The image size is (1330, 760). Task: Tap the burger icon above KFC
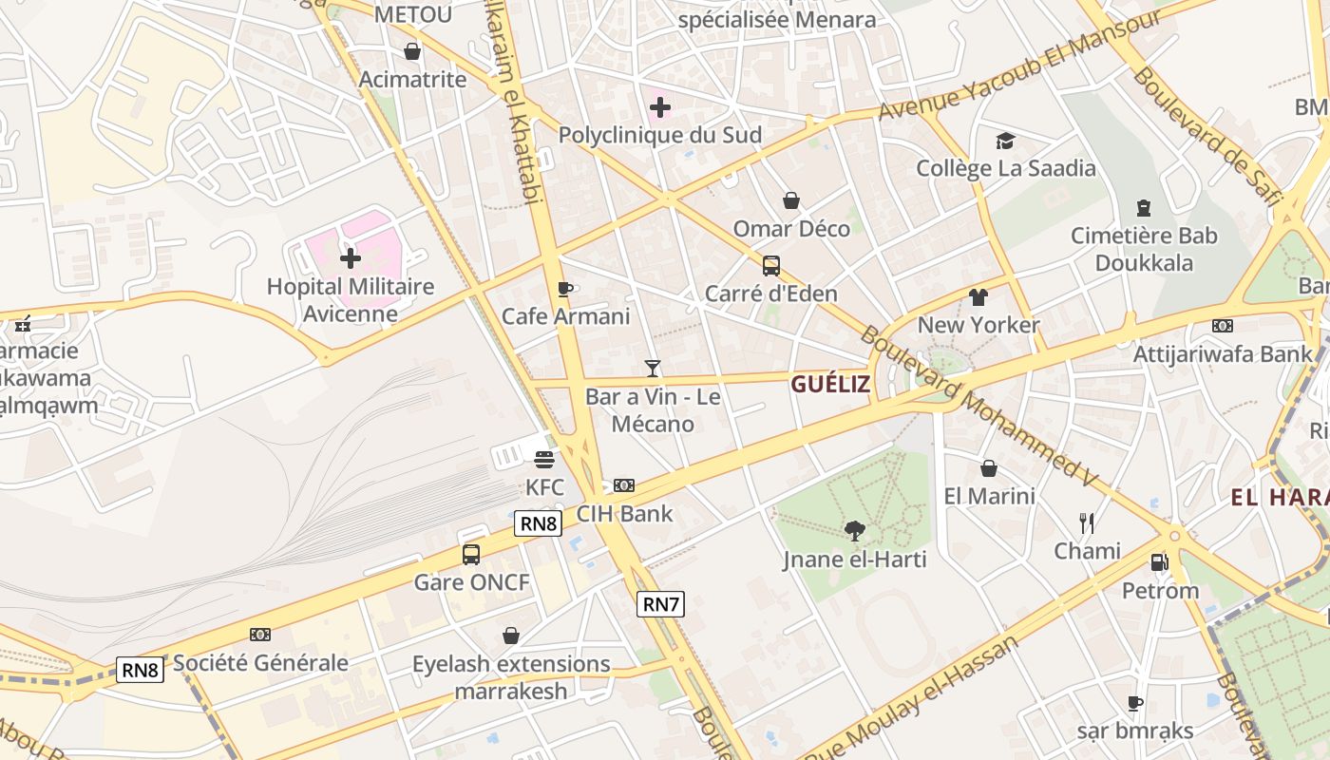click(544, 460)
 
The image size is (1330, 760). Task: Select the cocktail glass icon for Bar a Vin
click(653, 368)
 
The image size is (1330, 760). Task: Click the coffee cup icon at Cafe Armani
click(565, 289)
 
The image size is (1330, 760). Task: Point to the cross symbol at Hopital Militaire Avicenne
click(351, 257)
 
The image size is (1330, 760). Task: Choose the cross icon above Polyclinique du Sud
click(660, 107)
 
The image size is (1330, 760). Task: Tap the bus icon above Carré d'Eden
click(771, 266)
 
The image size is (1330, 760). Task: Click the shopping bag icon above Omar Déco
click(790, 200)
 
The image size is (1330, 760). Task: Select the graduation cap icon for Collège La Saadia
click(1005, 142)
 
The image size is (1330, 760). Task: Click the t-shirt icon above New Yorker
click(978, 297)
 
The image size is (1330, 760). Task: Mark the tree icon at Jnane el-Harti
click(854, 531)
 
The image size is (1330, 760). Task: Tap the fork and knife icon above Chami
click(1087, 522)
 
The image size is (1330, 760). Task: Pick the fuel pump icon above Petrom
click(1159, 562)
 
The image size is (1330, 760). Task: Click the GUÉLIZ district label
click(830, 384)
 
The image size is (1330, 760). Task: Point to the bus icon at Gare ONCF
click(471, 555)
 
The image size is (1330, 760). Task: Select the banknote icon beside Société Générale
click(259, 635)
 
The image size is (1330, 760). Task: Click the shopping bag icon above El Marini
click(989, 468)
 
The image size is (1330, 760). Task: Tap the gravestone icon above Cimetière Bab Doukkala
click(1144, 208)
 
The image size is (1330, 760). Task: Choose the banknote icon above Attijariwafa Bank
click(1223, 326)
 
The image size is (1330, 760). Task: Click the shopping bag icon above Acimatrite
click(412, 51)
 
